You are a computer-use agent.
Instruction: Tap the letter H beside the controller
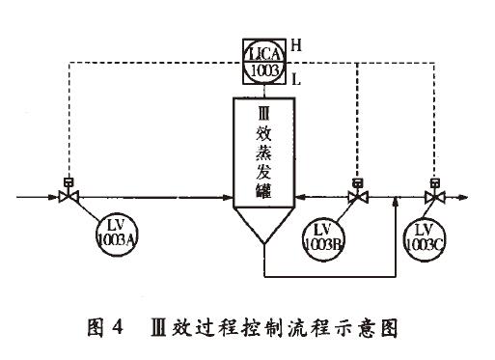coord(296,45)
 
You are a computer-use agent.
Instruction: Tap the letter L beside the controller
coord(296,83)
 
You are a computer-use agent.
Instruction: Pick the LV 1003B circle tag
coord(322,235)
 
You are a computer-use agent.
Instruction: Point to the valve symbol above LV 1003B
coord(356,197)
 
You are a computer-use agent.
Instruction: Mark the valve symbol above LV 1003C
coord(433,197)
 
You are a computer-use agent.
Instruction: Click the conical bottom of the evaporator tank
coord(263,236)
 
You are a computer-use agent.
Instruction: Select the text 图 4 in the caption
coord(103,329)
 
